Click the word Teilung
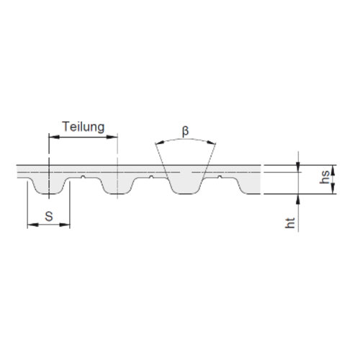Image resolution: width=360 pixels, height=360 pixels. pos(84,127)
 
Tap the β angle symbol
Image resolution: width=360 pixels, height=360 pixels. pos(185,131)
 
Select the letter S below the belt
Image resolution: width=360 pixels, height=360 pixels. pos(49,217)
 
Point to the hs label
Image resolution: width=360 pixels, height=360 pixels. pos(325,177)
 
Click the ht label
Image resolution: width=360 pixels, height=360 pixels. pos(289,222)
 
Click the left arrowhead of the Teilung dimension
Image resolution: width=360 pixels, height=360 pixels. pos(54,137)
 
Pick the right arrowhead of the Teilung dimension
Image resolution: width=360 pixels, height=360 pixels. pos(112,137)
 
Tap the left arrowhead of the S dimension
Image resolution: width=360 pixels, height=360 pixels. pos(33,225)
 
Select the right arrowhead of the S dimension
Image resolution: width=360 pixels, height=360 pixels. pos(65,225)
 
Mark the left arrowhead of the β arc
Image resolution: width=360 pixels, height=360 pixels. pos(160,143)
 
